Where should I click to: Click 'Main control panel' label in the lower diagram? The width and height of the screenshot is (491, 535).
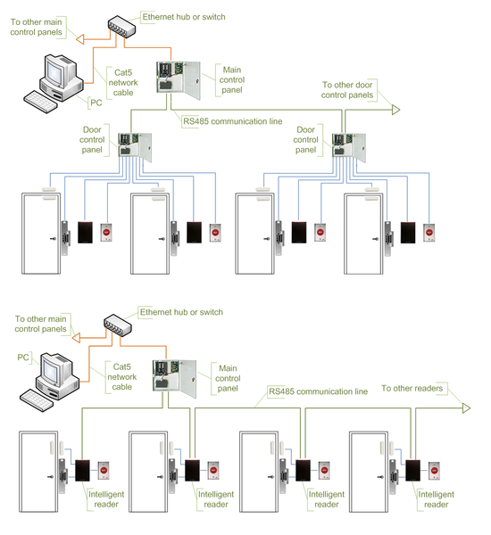[228, 376]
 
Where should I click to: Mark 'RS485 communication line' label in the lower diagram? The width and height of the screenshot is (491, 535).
[318, 391]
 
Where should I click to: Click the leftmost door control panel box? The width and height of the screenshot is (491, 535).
[132, 145]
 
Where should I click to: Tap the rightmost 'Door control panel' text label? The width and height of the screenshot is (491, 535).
[306, 139]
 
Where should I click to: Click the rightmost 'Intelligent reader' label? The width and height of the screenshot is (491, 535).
[437, 498]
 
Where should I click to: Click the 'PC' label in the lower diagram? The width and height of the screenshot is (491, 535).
[24, 358]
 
